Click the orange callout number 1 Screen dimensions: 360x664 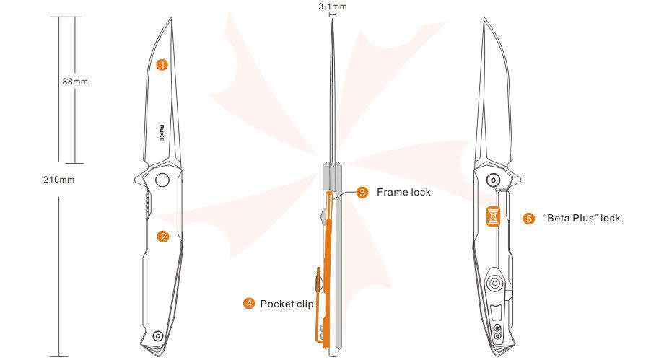coord(162,65)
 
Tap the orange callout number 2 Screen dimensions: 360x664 coord(163,236)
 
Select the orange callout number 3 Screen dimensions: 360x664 coord(362,193)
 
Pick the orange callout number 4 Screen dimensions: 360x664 coord(248,304)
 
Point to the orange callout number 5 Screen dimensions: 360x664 coord(528,218)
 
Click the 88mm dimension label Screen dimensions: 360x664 coord(75,82)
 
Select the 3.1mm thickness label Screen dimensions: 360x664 coord(333,6)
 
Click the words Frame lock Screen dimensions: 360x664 coord(403,193)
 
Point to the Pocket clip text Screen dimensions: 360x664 coord(287,304)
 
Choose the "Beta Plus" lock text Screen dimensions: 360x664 coord(581,218)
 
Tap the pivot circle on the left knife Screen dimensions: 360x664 coord(162,179)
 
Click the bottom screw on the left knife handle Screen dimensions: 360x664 coord(158,335)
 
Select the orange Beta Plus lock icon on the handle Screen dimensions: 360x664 coord(494,215)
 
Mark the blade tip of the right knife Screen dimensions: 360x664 coord(484,19)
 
